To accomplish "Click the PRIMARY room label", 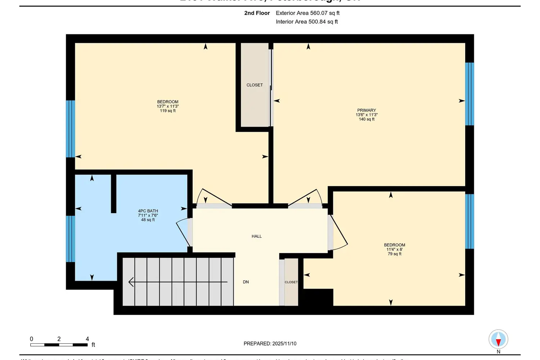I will coord(366,110).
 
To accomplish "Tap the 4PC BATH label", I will coord(148,211).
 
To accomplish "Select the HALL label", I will coord(257,236).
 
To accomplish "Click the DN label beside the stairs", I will coord(246,282).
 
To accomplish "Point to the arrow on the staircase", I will coord(176,282).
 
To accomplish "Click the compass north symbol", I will coord(498,339).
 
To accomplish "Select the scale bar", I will coord(59,345).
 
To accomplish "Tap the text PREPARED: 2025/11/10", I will coord(270,343).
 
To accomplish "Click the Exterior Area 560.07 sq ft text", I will coord(307,13).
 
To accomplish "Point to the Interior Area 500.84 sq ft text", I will coord(307,22).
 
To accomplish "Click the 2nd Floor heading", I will coord(257,13).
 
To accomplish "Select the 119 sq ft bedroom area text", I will coord(168,111).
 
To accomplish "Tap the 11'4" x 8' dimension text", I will coord(395,249).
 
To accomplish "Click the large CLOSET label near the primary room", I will coord(255,85).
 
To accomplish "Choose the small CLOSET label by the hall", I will coord(291,282).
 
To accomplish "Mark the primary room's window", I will coord(469,94).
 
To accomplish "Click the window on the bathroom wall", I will coord(71,239).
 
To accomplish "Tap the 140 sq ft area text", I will coord(366,119).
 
